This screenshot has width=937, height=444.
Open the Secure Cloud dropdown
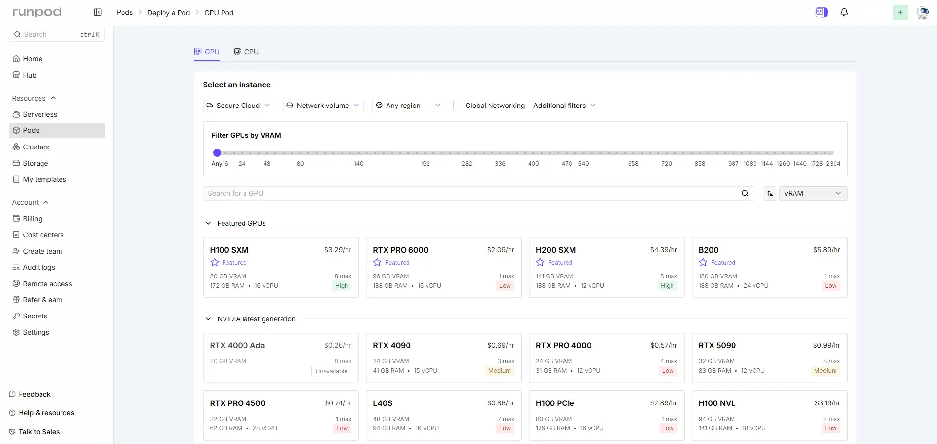click(x=238, y=106)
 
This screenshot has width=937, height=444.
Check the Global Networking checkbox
click(x=458, y=105)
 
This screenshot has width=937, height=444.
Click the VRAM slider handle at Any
click(x=217, y=153)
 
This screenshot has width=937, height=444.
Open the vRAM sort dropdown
click(x=813, y=193)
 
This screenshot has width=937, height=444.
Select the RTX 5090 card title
click(x=717, y=346)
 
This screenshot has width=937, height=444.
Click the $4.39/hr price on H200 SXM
click(x=664, y=250)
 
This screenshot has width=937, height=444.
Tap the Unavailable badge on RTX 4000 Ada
click(x=331, y=371)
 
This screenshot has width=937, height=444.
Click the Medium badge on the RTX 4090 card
click(x=500, y=371)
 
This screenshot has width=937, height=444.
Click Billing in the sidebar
click(x=33, y=219)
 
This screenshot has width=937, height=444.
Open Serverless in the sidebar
click(x=40, y=114)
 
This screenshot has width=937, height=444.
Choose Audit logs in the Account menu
click(x=39, y=267)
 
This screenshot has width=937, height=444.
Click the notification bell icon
click(x=844, y=12)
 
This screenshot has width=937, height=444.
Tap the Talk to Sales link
click(x=39, y=432)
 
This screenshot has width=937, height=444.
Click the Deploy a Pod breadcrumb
click(x=168, y=13)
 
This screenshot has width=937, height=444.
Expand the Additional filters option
click(x=564, y=106)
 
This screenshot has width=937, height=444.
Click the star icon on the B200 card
click(x=703, y=263)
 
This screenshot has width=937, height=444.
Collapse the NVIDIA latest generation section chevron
click(x=208, y=319)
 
